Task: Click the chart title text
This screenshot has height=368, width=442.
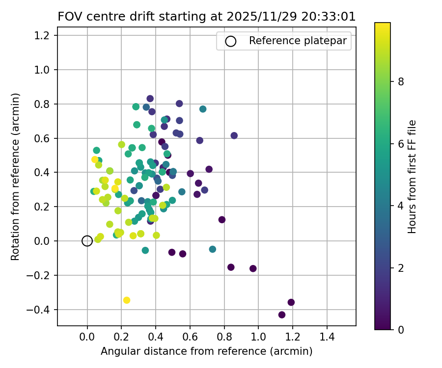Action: point(206,17)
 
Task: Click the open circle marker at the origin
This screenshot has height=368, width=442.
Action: point(87,241)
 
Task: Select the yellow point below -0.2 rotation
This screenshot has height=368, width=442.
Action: point(127,300)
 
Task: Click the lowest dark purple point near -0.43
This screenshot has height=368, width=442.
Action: point(282,315)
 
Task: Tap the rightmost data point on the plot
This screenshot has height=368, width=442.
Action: point(291,302)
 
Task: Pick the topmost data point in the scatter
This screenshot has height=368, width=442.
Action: point(150,99)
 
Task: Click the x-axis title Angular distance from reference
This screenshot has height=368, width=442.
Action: point(206,351)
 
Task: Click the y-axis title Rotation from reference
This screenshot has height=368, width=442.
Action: point(15,177)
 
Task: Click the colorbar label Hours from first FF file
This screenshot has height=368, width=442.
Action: point(413,177)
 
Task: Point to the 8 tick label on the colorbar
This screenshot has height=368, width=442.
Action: point(401,82)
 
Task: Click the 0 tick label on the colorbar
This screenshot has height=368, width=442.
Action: point(401,330)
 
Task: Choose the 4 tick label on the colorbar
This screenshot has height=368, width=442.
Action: point(401,206)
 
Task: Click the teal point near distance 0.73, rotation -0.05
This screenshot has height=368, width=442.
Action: point(213,249)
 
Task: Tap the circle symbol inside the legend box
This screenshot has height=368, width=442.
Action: point(231,41)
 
